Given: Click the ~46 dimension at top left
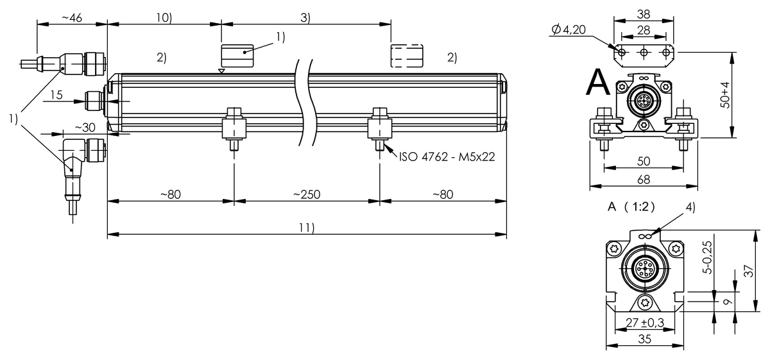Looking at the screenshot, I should [x=71, y=18].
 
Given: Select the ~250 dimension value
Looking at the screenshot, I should [x=307, y=194].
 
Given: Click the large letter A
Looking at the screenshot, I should [x=599, y=82].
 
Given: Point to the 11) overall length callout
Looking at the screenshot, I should [x=307, y=227].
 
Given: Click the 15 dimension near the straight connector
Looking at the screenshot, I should [x=56, y=95].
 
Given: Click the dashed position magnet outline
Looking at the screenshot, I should [x=407, y=56].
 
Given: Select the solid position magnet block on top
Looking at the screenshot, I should [x=238, y=56].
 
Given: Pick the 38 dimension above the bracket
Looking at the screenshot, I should [x=644, y=13].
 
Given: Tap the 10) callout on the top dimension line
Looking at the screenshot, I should [x=164, y=18].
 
